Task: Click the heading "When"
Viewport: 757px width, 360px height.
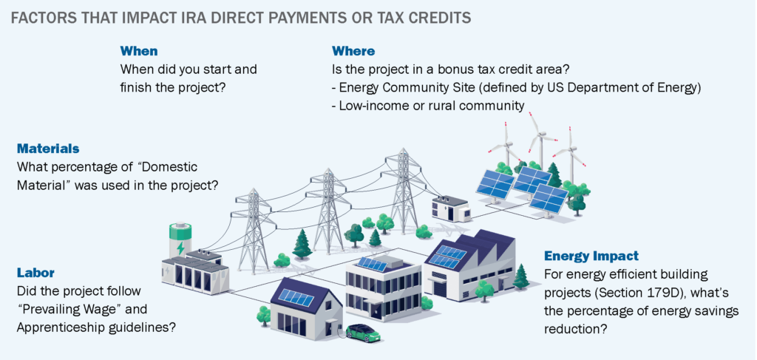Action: [x=138, y=51]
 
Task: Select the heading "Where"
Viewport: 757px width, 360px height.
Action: [x=353, y=51]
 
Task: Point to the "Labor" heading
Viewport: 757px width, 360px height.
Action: [x=35, y=273]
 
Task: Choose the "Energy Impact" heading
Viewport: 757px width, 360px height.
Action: [x=591, y=257]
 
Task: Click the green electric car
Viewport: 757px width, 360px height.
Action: [x=363, y=332]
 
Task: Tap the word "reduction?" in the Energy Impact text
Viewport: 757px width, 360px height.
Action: [x=575, y=328]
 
